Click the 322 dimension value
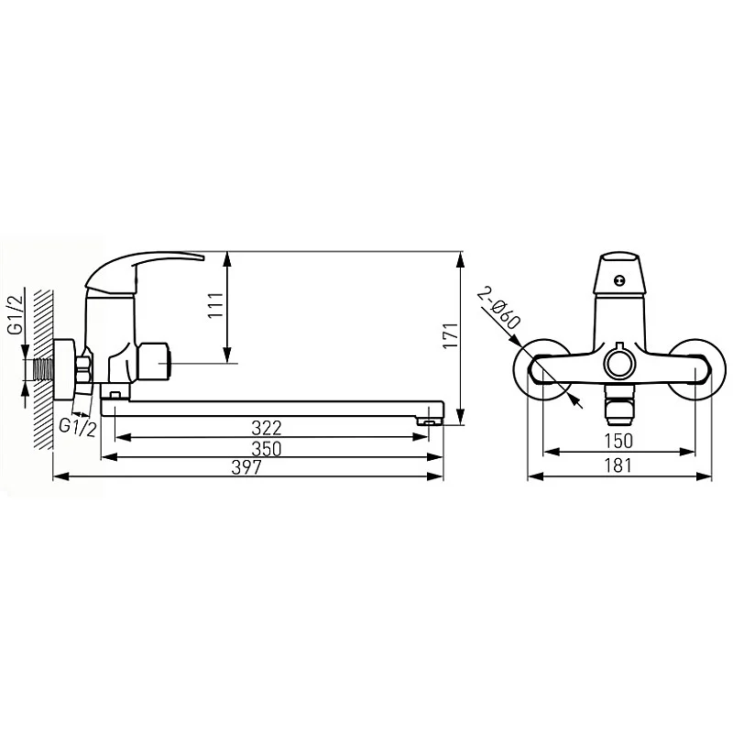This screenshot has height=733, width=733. [267, 428]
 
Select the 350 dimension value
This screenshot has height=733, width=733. [267, 449]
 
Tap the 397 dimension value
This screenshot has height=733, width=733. [246, 467]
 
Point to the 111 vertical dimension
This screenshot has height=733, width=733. [216, 306]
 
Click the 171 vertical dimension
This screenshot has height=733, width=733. [451, 334]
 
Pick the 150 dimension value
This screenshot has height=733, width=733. [618, 441]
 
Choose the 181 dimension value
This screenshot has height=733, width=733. [618, 465]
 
